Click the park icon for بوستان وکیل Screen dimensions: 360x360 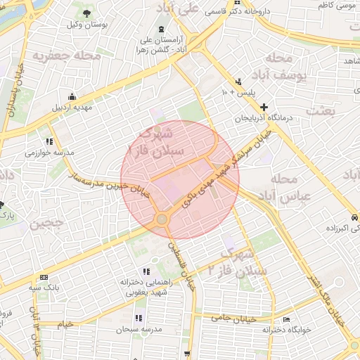click(86, 14)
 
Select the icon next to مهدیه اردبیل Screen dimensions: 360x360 click(71, 97)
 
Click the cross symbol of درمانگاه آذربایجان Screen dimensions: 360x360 click(264, 108)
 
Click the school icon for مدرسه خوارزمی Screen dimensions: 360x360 click(49, 141)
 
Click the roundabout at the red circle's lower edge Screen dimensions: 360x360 click(162, 219)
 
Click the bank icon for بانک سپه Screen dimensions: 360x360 click(44, 277)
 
